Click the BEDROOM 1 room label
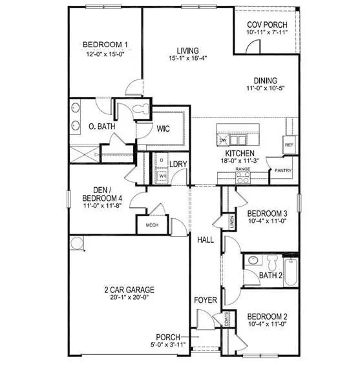pos(105,45)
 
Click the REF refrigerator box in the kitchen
pos(289,145)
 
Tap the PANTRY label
pos(283,170)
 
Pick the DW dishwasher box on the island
pos(222,140)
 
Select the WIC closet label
pos(164,129)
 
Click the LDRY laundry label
pos(178,164)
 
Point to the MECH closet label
pos(152,225)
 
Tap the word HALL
pos(206,239)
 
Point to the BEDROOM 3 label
pos(267,213)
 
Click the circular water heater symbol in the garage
pos(78,243)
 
